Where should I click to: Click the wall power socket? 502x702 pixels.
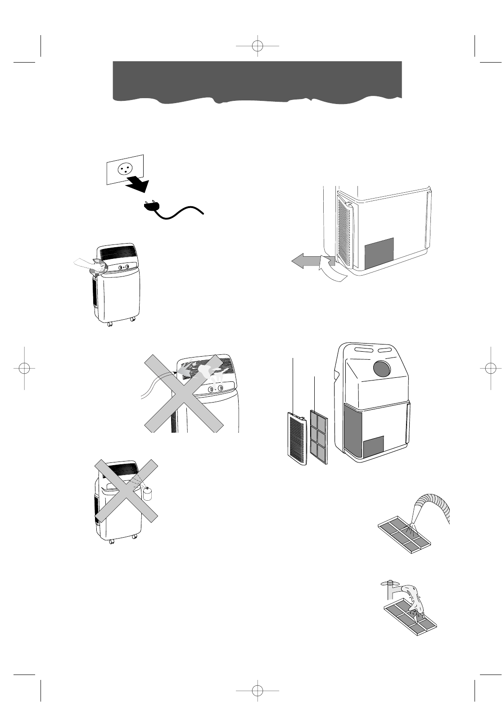[124, 169]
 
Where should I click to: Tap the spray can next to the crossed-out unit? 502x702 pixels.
[148, 494]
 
